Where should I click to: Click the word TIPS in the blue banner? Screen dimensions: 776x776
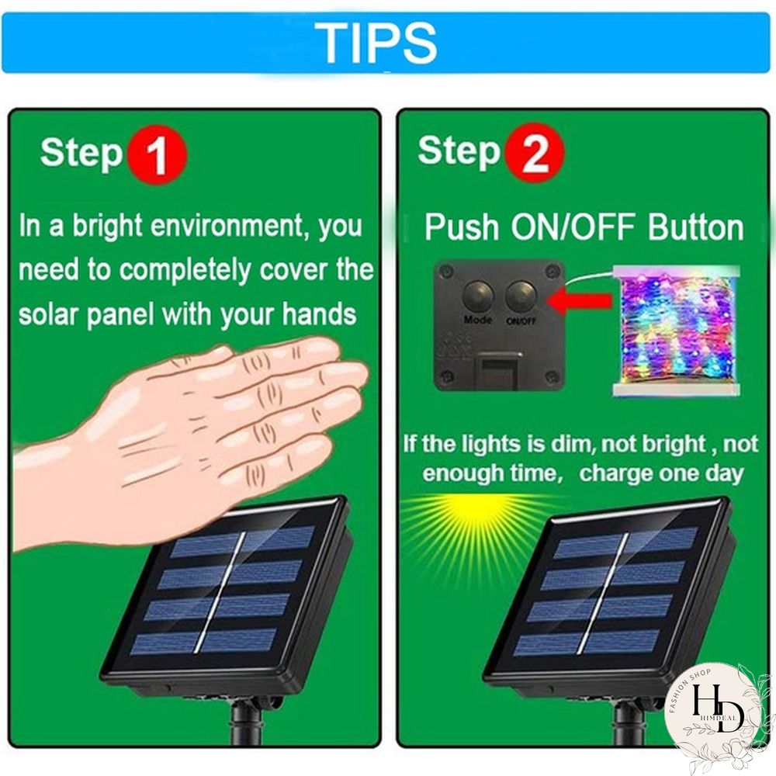coord(376,43)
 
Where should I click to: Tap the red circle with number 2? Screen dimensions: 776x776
coord(535,153)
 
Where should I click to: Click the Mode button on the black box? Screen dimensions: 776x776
coord(478,296)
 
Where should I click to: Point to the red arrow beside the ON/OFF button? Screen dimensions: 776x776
coord(579,301)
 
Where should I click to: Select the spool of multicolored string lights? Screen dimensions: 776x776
coord(677,331)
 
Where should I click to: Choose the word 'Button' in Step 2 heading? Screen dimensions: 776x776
coord(696,227)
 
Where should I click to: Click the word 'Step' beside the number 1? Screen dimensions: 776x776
coord(81,154)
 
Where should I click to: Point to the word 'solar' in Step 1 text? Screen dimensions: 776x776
coord(48,314)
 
